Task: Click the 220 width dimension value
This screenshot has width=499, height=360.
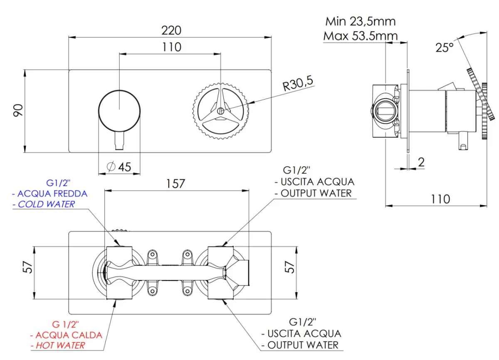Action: tap(171, 30)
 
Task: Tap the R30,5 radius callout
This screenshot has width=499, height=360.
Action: tap(298, 85)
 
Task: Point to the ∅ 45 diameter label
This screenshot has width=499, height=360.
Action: tap(119, 167)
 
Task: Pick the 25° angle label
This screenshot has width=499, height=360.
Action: tap(444, 47)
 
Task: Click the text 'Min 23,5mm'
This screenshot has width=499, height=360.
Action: tap(360, 21)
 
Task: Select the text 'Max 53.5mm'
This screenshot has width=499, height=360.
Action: tap(360, 36)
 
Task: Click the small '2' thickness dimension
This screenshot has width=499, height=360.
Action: tap(421, 162)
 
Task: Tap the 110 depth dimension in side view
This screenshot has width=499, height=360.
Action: tap(440, 199)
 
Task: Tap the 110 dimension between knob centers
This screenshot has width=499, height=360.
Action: tap(172, 47)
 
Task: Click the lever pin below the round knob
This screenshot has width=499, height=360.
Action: tap(119, 141)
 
